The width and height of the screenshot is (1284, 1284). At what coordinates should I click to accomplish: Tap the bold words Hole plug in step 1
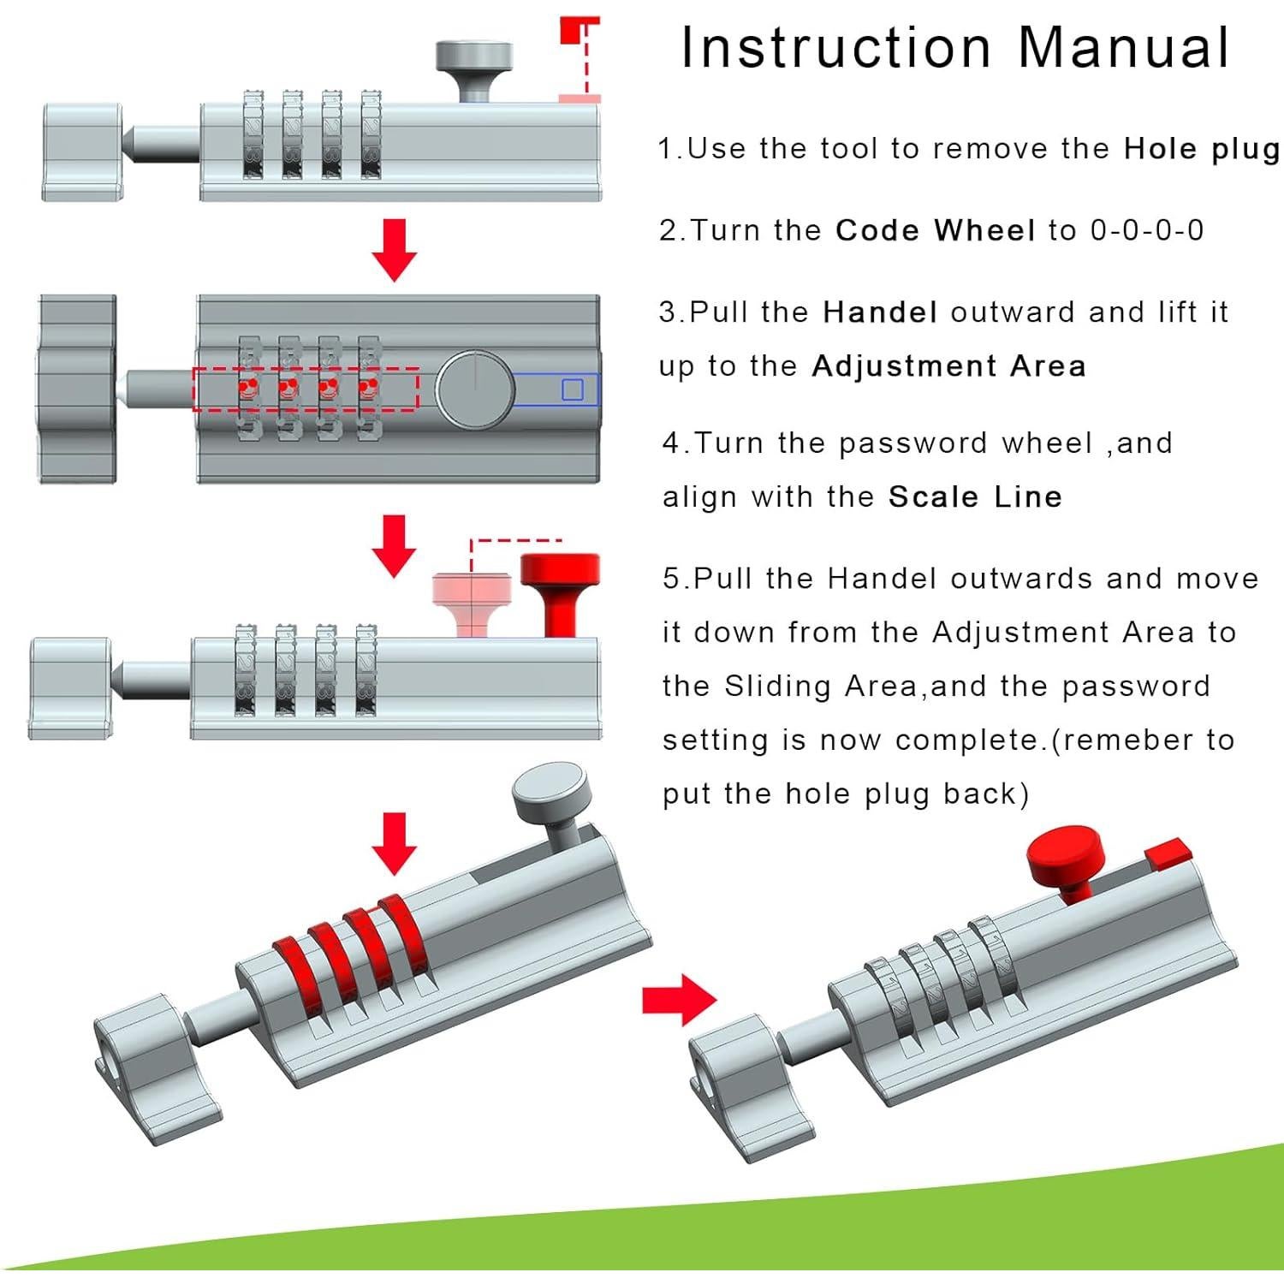1201,149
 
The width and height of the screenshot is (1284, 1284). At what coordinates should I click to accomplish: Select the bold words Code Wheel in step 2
935,230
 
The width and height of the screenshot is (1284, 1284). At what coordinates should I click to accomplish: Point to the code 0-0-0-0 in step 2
1146,230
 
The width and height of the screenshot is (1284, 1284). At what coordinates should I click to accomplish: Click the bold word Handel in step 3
879,312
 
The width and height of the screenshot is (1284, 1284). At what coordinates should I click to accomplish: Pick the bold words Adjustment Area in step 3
948,366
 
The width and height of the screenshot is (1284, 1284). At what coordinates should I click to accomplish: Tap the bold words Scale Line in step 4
975,497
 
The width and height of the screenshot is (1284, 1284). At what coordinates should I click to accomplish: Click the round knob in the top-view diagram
475,389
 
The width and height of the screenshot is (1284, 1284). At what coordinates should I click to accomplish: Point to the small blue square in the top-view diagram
572,389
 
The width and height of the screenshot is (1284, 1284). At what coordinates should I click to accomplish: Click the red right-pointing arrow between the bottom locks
678,999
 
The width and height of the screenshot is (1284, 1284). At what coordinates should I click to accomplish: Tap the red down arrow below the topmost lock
394,248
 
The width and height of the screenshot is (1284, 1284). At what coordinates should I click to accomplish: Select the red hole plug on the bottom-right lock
1168,852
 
